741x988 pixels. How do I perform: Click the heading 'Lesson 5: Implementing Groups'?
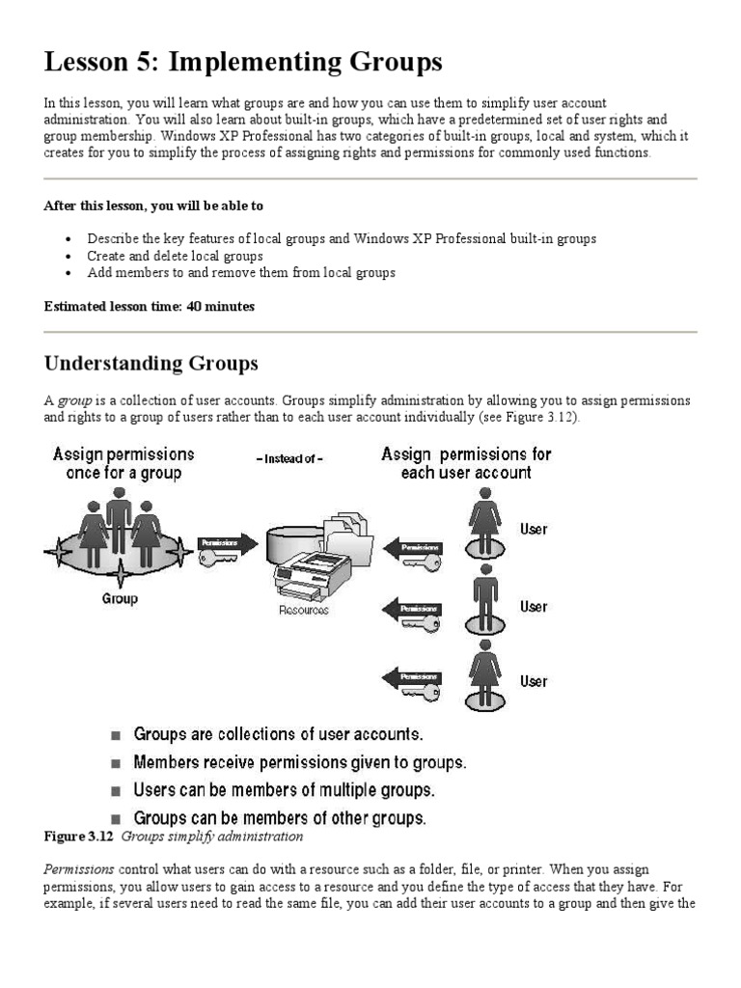(243, 63)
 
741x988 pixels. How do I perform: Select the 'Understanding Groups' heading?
(151, 364)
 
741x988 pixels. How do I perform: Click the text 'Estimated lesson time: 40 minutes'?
(150, 306)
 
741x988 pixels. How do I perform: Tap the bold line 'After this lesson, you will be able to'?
(153, 206)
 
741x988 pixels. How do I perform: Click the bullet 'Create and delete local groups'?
(175, 256)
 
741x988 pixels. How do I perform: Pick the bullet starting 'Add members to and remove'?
(241, 272)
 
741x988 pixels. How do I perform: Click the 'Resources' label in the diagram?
(304, 610)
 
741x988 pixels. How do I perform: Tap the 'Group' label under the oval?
(120, 598)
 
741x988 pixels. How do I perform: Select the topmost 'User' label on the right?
(534, 529)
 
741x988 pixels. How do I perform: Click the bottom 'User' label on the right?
(534, 681)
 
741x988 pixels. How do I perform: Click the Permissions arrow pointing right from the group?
(228, 543)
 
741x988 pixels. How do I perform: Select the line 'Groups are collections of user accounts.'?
(278, 735)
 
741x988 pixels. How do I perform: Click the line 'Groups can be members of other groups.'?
(280, 817)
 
